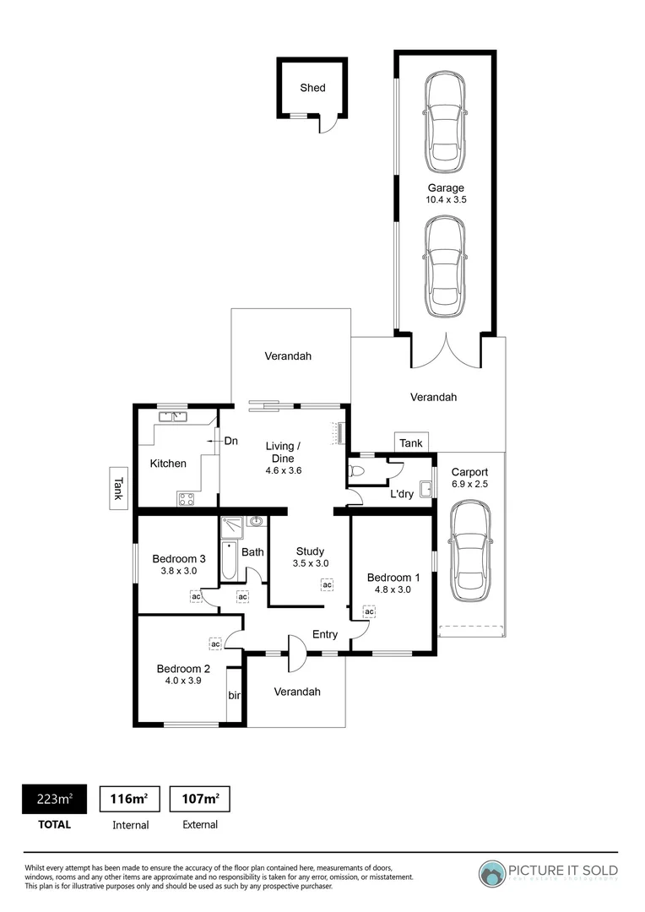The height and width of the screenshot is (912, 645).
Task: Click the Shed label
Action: coord(312,88)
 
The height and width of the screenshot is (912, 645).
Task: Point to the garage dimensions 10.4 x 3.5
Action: coord(445,201)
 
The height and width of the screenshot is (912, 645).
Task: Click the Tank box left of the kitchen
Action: coord(118,489)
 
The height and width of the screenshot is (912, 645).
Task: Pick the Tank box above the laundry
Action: coord(411,443)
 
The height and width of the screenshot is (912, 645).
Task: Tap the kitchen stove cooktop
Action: coord(187,498)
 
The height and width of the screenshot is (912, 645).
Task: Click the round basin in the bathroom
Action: coord(255,521)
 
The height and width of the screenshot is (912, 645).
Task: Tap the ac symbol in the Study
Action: coord(327,584)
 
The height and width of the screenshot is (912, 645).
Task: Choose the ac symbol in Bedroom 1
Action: coord(369,611)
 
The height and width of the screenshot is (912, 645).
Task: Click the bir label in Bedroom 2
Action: coord(234,696)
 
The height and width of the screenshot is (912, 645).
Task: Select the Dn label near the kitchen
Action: coord(230,441)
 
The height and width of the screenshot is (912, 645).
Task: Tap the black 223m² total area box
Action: coord(53,799)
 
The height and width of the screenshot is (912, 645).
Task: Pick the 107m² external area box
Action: coord(199,799)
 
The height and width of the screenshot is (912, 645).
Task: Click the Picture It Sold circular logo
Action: coord(492,873)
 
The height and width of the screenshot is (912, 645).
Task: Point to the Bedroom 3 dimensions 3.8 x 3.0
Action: coord(179,571)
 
